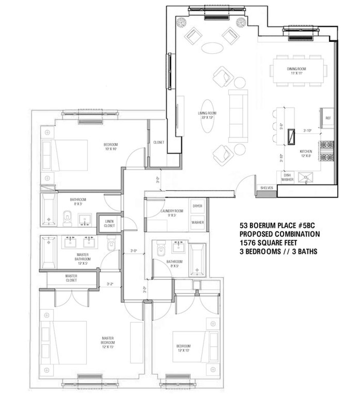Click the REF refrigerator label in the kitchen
(x=328, y=118)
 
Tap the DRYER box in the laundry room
(x=197, y=206)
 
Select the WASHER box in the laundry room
(x=197, y=223)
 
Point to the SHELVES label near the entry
(x=266, y=188)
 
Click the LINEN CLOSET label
(x=109, y=223)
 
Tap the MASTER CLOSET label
(x=71, y=278)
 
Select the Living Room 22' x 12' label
(x=207, y=115)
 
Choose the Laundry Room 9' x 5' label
(x=172, y=213)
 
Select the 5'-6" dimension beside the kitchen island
(x=281, y=126)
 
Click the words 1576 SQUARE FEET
(x=268, y=243)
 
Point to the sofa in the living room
(x=238, y=116)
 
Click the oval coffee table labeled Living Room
(x=207, y=116)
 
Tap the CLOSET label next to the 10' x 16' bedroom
(x=159, y=142)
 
